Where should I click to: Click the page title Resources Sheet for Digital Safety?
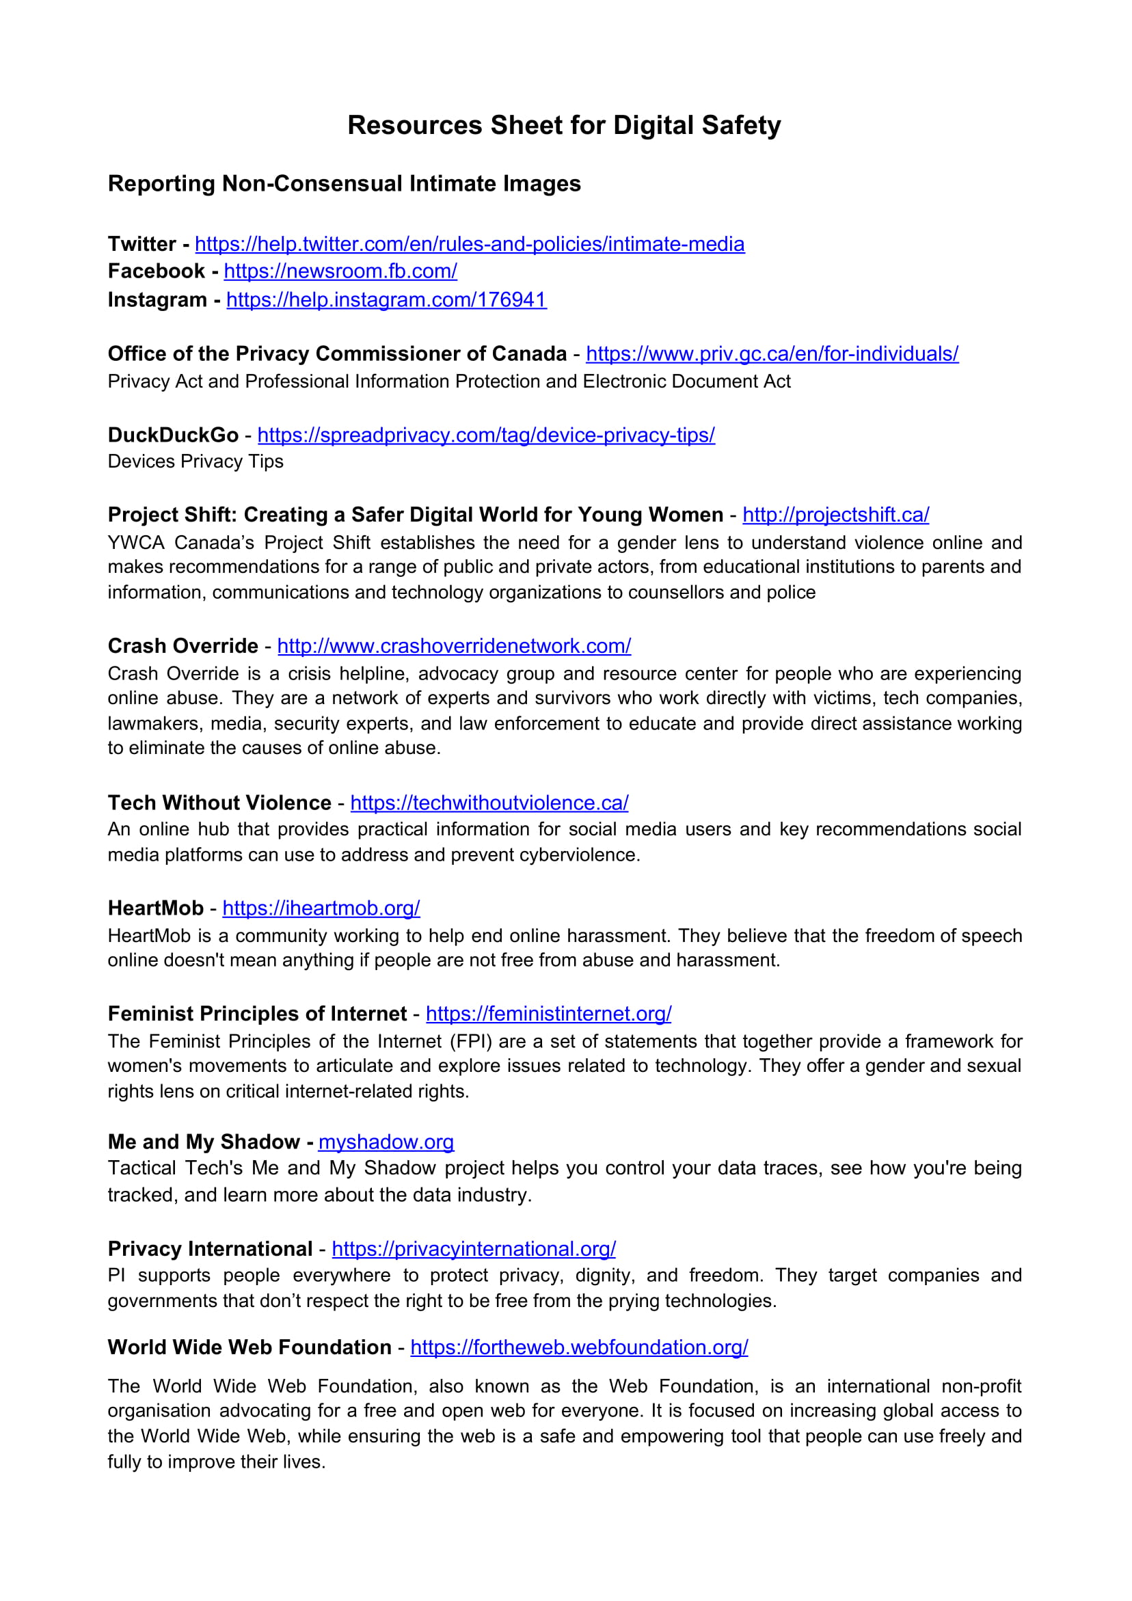(x=564, y=126)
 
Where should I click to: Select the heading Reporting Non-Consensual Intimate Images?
(x=344, y=183)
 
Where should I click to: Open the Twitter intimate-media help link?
(x=470, y=244)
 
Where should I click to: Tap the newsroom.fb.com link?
(x=340, y=271)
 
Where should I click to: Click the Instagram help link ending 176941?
(x=386, y=300)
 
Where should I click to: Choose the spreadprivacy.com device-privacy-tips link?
(x=486, y=435)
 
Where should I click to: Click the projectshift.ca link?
(x=835, y=515)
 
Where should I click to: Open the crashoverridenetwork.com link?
(x=454, y=647)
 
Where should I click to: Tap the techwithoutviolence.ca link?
(x=489, y=803)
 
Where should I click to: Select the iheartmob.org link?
(x=321, y=909)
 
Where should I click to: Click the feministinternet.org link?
(x=548, y=1014)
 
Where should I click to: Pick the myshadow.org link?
(x=386, y=1142)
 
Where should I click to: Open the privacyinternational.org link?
(x=474, y=1249)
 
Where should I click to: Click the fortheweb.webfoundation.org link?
(x=579, y=1347)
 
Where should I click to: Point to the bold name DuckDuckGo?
(x=173, y=435)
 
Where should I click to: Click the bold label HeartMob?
(x=156, y=909)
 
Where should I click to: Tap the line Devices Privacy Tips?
(x=196, y=461)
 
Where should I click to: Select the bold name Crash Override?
(x=183, y=647)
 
